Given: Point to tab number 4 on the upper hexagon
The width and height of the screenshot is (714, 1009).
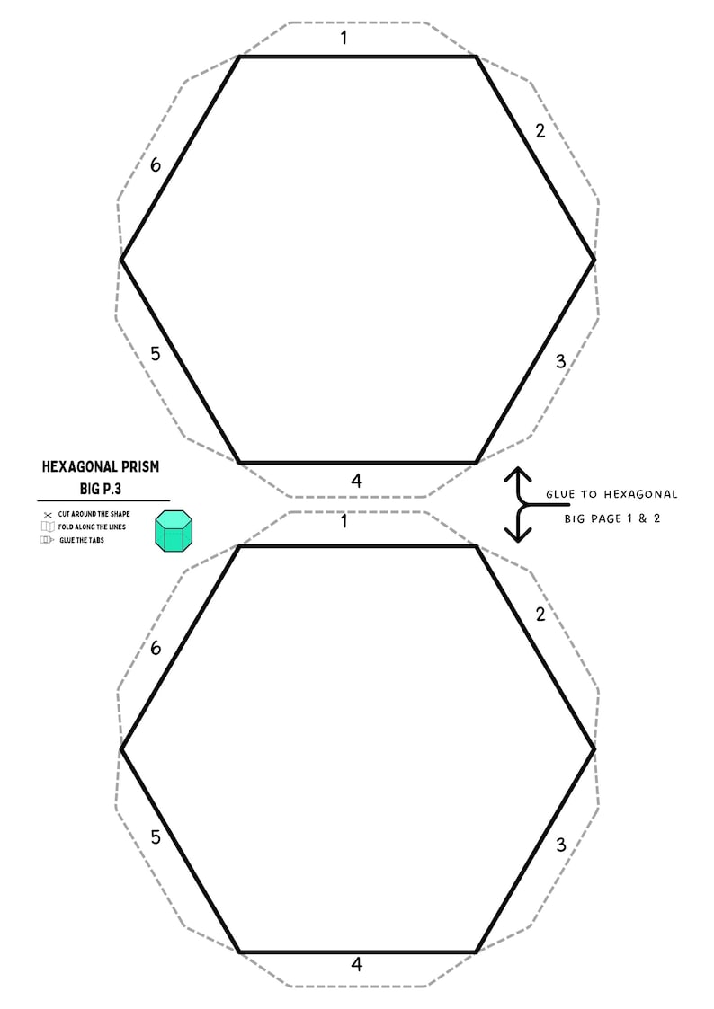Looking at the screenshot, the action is (x=357, y=480).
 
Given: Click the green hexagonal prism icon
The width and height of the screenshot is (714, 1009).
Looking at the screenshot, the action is (x=174, y=531).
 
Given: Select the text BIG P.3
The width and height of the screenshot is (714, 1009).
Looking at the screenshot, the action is (x=101, y=489).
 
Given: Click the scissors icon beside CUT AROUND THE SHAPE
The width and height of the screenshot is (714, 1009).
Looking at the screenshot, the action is (x=48, y=515).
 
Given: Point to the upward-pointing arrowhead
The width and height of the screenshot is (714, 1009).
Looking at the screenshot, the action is (x=518, y=475).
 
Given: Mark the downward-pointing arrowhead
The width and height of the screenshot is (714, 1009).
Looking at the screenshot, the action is (x=518, y=534).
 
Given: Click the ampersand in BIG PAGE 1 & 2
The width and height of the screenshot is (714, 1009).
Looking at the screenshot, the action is (x=643, y=518).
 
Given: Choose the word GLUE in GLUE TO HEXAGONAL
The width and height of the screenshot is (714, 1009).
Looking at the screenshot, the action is (x=560, y=494).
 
